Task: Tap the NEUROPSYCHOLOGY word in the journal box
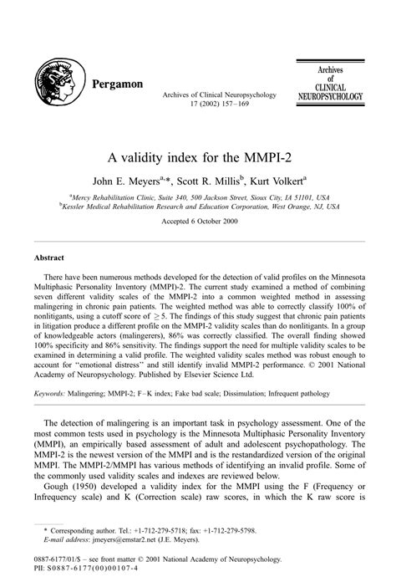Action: click(x=331, y=98)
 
